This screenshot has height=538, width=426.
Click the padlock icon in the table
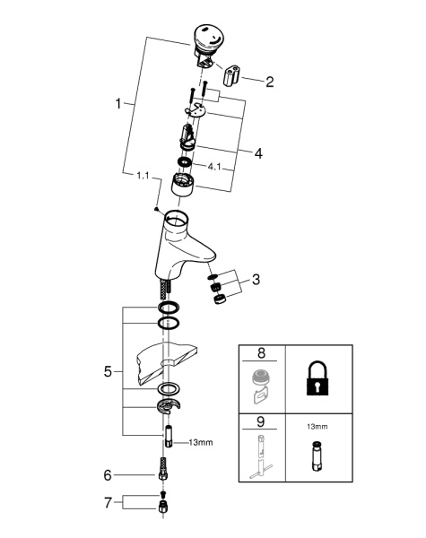point(317,377)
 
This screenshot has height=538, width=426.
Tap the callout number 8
point(261,352)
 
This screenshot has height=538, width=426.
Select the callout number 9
point(261,421)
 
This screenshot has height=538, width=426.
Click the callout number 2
point(269,82)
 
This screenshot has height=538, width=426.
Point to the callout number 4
point(258,153)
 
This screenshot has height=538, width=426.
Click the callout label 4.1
point(214,167)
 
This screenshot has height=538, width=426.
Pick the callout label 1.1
point(143,176)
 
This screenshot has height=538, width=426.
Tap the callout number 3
point(256,280)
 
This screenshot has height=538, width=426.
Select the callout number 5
point(108,371)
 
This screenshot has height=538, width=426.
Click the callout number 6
point(108,475)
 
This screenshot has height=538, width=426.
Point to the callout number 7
point(108,503)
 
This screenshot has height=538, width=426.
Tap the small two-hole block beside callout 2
point(231,75)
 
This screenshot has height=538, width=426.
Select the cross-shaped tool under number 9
point(260,456)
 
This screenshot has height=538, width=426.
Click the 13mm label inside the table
point(317,427)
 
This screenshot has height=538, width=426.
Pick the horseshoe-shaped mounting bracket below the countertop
point(169,406)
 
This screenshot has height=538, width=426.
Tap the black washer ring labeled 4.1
point(185,161)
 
